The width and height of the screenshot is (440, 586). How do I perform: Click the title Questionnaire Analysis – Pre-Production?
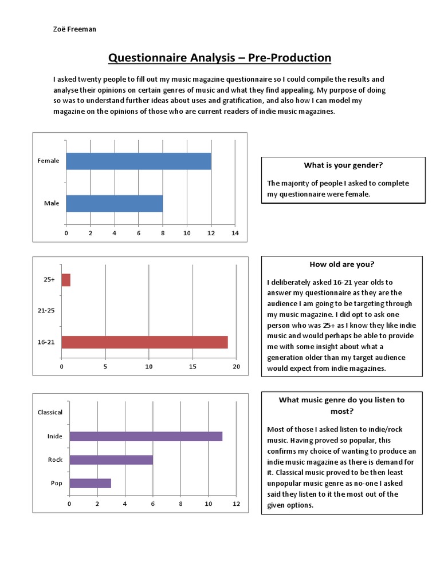pos(219,58)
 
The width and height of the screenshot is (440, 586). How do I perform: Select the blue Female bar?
pos(139,161)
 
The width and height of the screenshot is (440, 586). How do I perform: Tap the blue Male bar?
pos(115,204)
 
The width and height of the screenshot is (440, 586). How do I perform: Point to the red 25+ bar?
pos(66,279)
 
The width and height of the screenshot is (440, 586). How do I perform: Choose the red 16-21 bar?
pos(144,342)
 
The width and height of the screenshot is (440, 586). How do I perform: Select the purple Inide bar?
pos(146,437)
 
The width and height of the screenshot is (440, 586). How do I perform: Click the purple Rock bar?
pos(111,460)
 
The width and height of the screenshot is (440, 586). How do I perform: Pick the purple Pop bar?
pos(90,483)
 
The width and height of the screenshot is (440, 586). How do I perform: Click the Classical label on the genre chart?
pos(50,412)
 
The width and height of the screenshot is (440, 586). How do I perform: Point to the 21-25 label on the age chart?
pos(46,311)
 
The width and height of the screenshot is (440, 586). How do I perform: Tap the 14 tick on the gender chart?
pos(235,233)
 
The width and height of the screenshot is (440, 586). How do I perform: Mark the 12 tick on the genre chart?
pos(236,504)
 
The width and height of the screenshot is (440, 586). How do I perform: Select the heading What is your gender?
pos(343,165)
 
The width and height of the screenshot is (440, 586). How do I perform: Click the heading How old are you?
pos(342,264)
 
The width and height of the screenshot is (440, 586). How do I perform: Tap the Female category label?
pos(48,161)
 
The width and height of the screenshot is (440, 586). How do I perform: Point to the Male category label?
pos(52,203)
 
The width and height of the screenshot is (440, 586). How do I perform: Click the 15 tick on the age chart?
pos(192,366)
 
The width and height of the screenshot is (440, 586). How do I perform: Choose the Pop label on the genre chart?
pos(56,483)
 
